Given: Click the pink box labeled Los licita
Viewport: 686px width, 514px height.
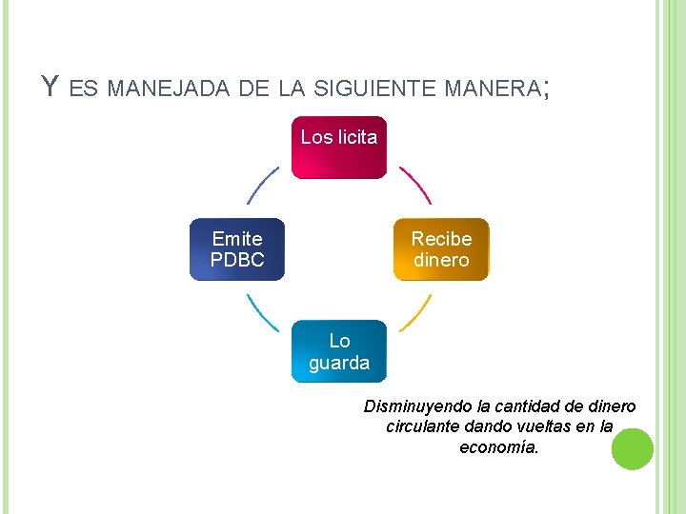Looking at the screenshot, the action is (x=339, y=148).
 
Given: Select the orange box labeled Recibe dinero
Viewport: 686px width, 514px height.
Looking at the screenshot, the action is (x=441, y=249).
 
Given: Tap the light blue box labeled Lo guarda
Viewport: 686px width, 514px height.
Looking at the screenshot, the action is (x=339, y=350).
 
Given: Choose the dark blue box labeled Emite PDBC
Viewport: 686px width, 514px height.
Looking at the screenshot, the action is (x=237, y=249).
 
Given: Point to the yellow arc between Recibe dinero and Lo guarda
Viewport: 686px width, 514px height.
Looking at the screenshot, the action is (x=415, y=313).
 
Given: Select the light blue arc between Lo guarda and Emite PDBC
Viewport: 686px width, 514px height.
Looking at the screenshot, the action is (x=263, y=312).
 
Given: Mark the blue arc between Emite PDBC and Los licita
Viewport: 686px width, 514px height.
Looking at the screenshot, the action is (x=263, y=185).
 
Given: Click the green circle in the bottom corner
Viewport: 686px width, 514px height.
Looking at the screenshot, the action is (x=632, y=449).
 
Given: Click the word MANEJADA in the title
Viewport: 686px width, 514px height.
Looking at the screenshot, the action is (x=168, y=89).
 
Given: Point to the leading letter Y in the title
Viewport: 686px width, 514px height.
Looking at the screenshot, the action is (x=50, y=88).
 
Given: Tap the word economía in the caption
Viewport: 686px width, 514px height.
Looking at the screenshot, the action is (x=498, y=446).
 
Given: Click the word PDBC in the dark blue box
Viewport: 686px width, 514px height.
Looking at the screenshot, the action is (x=237, y=260).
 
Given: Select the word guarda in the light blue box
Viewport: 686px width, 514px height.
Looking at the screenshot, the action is (x=339, y=363).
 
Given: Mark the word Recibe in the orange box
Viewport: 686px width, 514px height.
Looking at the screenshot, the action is (x=441, y=239).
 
